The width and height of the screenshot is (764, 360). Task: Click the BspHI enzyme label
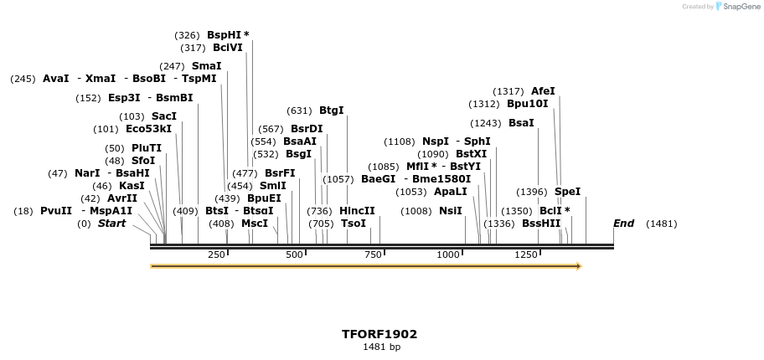coord(225,35)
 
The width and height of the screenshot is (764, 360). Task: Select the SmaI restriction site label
coord(206,66)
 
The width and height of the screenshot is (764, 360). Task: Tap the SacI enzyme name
coord(164,116)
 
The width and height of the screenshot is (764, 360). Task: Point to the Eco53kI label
coord(148,129)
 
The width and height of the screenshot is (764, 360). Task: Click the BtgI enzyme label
coord(331,111)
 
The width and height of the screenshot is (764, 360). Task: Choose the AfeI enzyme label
coord(543,91)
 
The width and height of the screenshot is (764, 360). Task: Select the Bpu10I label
coord(527,104)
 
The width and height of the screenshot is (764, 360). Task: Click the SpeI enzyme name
coord(567,192)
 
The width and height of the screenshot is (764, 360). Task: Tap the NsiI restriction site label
coord(451,211)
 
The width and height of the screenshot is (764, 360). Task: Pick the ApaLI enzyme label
coord(451,192)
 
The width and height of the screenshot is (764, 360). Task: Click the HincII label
coord(357,211)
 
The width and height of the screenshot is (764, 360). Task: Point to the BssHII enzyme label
coord(541,224)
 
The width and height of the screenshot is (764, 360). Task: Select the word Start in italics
coord(111,224)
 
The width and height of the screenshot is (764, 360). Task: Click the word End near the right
coord(623,224)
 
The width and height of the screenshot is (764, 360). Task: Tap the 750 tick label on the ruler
coord(373,255)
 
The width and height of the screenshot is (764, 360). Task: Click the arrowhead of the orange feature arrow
coord(578,266)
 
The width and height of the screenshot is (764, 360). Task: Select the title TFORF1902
coord(379,334)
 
